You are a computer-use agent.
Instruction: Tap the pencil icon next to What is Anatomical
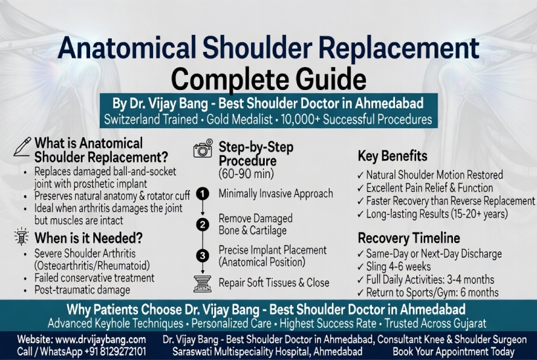(x=22, y=146)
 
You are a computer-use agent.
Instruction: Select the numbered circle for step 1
(x=203, y=193)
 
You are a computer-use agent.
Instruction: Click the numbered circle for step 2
(x=203, y=224)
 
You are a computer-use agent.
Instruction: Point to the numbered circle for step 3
(x=203, y=256)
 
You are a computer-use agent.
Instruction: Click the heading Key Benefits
(x=392, y=156)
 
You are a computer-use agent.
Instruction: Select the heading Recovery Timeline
(x=409, y=238)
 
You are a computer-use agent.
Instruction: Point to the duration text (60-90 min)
(x=246, y=173)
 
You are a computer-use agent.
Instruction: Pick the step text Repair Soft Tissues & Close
(x=274, y=283)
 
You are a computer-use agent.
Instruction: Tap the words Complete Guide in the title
(x=268, y=79)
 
